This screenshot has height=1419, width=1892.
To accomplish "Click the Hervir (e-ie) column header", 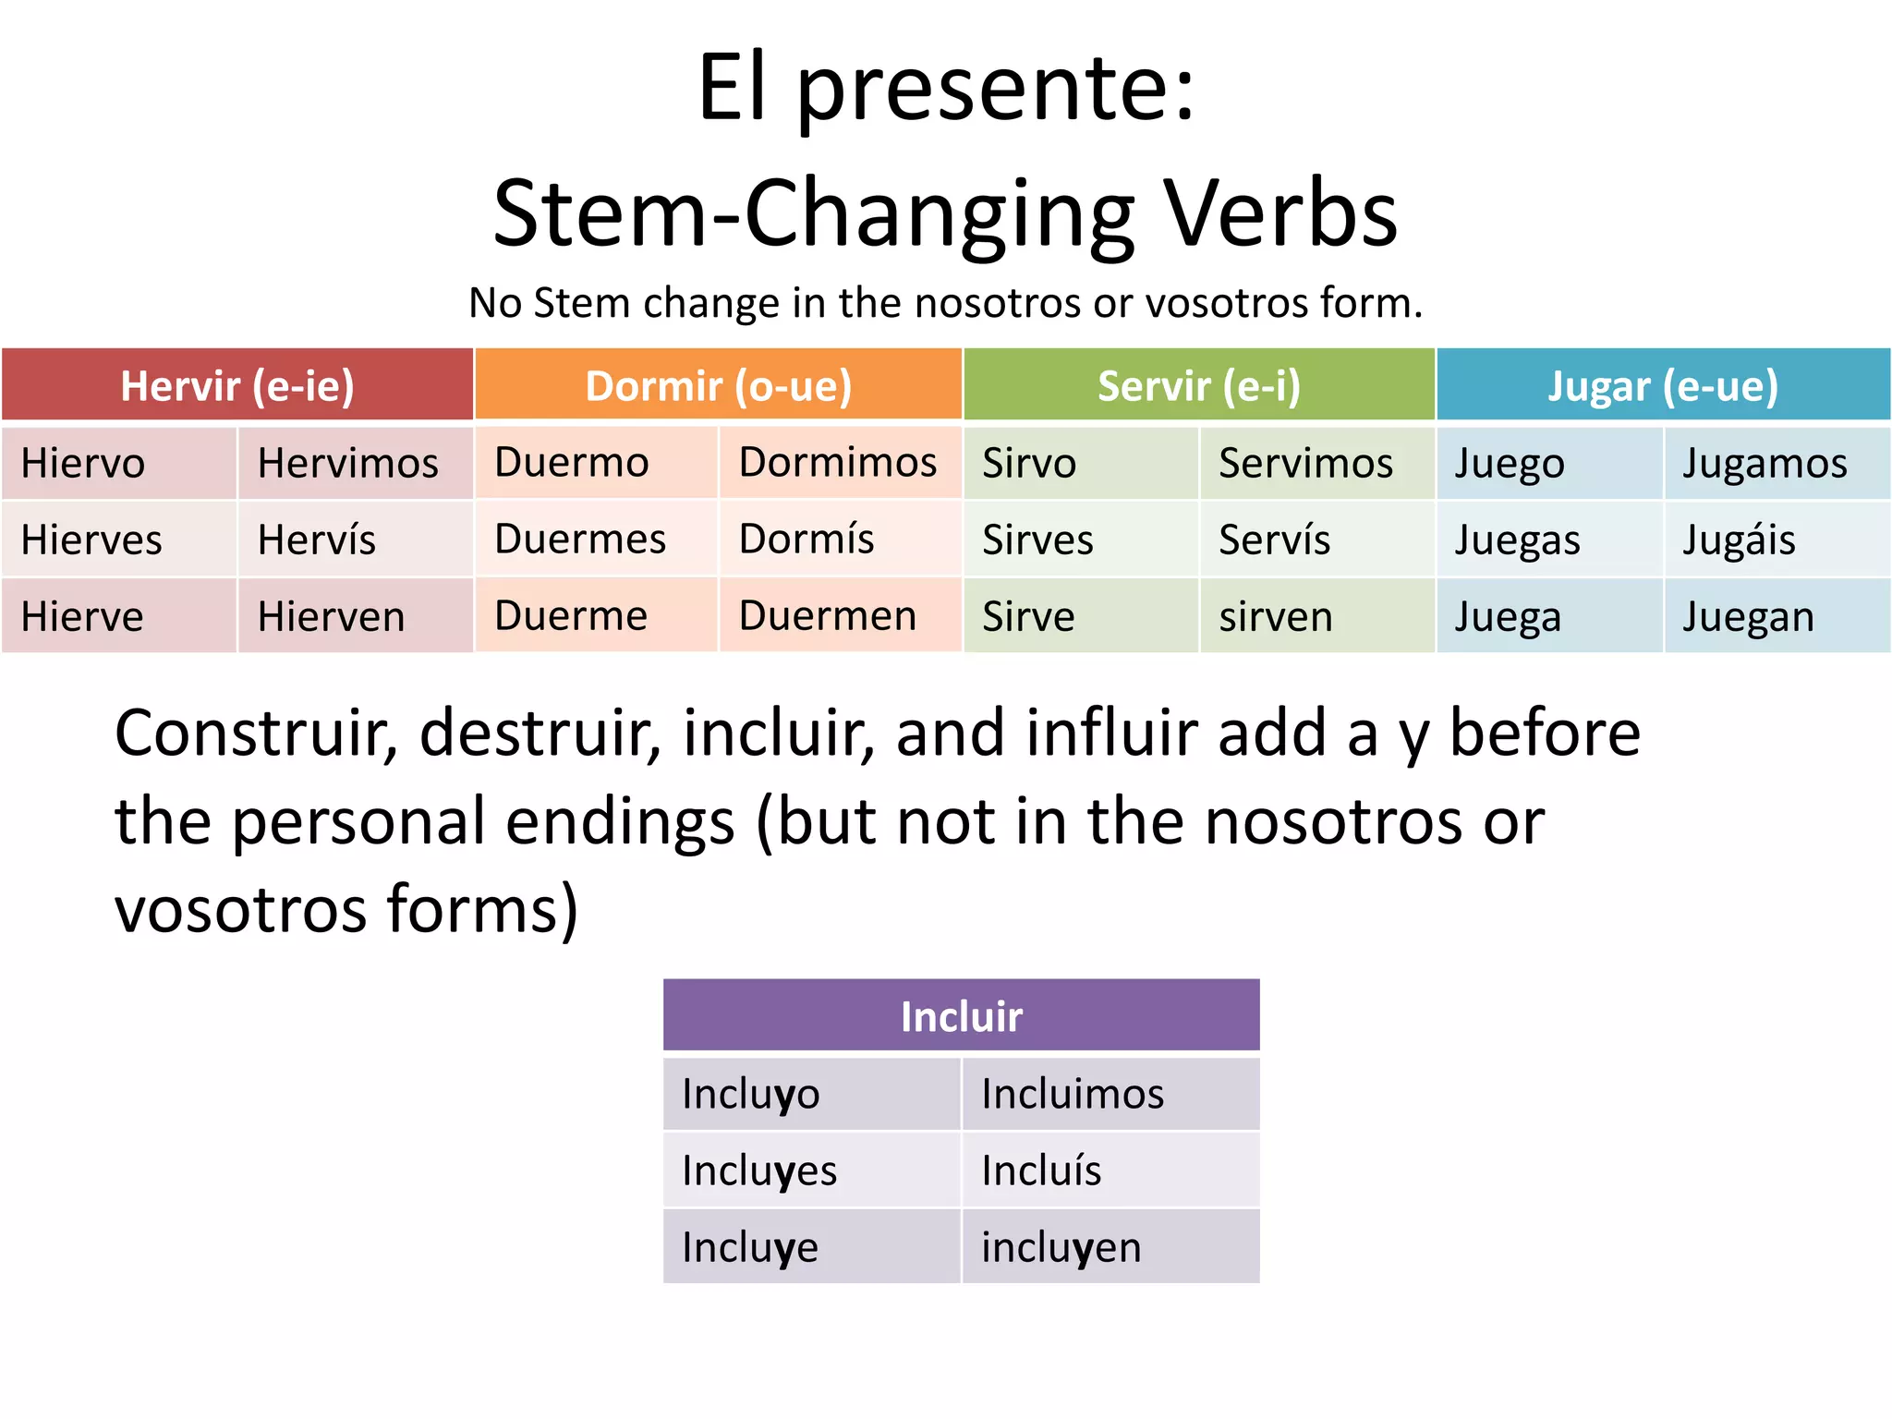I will pos(237,385).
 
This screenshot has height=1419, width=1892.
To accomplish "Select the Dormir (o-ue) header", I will pos(719,385).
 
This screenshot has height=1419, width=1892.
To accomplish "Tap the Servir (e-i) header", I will pos(1199,385).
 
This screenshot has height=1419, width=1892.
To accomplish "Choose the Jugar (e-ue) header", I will pos(1663,385).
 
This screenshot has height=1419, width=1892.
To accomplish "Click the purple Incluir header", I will pos(961,1016).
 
